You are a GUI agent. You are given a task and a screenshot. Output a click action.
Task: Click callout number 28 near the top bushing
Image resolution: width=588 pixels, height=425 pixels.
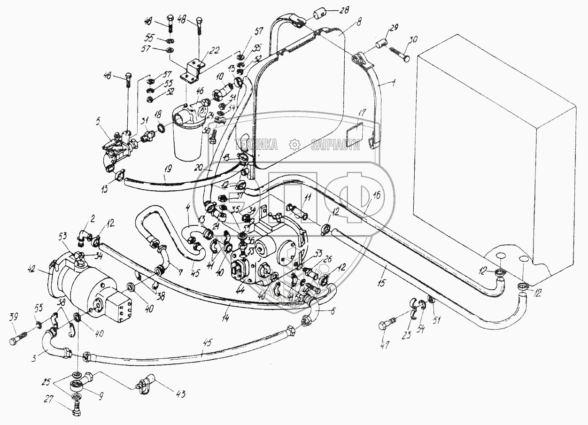tap(332, 11)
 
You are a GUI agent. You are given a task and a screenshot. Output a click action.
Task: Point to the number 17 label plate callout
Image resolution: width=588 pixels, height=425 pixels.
tap(362, 113)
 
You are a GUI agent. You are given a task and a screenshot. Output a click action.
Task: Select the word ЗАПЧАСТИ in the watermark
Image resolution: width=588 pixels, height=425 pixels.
tap(335, 145)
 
